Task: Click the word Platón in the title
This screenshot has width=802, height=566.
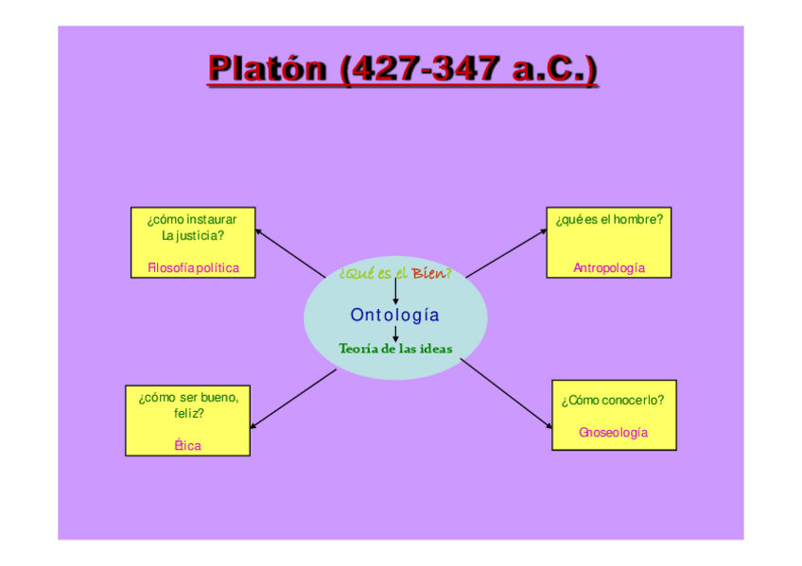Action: pos(270,70)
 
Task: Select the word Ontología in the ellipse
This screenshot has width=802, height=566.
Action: pos(394,315)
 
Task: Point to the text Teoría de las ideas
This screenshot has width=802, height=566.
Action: pos(395,349)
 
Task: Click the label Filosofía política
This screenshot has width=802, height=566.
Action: pos(193,267)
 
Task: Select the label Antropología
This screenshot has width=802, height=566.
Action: pos(609,267)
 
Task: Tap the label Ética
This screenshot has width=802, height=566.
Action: pos(187,445)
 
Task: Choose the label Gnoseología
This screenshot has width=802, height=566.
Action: pos(613,432)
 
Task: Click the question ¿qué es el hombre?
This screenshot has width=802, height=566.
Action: pos(609,219)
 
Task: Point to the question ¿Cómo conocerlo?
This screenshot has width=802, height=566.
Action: pos(613,400)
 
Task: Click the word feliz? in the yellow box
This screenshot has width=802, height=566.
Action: pos(188,413)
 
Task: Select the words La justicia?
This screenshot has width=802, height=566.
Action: pos(193,235)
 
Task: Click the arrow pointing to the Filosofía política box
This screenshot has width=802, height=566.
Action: pos(289,252)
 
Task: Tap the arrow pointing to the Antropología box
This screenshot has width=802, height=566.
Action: pos(506,252)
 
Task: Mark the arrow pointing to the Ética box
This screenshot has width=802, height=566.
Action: pos(293,398)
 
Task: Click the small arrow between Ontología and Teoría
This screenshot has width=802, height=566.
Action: pos(394,333)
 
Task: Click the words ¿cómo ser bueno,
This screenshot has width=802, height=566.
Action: pos(188,397)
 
